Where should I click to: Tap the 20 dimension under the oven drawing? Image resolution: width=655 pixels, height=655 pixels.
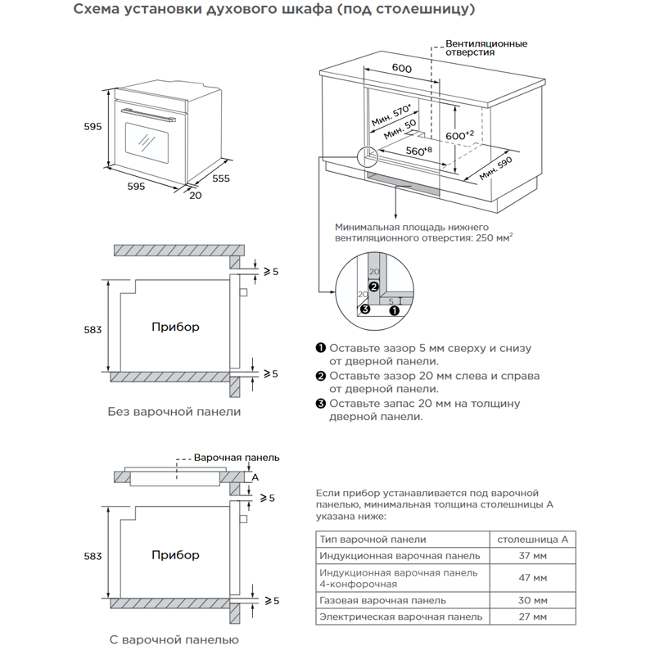(x=195, y=196)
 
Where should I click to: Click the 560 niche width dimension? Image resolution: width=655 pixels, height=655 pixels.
(x=418, y=151)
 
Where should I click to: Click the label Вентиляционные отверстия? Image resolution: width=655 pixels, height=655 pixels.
(x=486, y=47)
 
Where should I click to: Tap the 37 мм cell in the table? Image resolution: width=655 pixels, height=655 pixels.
(x=533, y=557)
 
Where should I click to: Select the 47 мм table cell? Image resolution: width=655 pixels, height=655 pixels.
(x=533, y=578)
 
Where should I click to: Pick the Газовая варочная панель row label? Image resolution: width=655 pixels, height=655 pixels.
(x=371, y=600)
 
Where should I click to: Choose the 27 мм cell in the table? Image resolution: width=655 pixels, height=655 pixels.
(x=533, y=617)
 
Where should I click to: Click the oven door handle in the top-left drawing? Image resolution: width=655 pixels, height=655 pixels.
(x=147, y=111)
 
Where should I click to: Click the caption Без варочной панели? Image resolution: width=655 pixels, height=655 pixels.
(x=174, y=411)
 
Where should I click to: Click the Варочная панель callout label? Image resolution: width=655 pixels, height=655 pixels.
(x=237, y=458)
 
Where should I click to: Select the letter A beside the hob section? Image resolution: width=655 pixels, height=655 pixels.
(x=255, y=477)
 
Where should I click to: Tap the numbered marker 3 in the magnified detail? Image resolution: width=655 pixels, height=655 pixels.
(x=365, y=309)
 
